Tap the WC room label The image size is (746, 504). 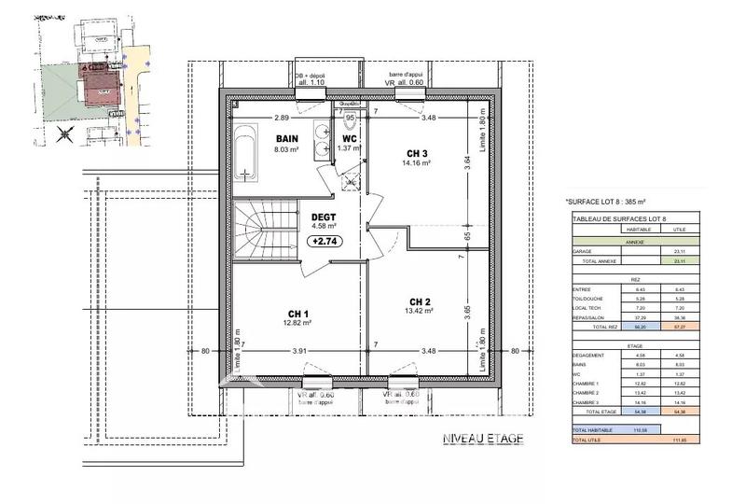[x=349, y=138]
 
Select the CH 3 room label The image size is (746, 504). [x=417, y=153]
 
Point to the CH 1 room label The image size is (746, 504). [x=298, y=313]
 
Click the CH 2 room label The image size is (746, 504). [x=420, y=301]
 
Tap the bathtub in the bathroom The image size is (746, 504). [x=245, y=153]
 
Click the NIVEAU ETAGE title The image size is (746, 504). [x=482, y=439]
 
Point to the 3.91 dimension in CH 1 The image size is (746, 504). [x=299, y=351]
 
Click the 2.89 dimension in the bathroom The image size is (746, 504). [x=281, y=118]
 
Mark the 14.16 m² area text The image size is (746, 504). [x=417, y=163]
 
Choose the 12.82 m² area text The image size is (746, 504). [x=298, y=323]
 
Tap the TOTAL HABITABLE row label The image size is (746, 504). [x=592, y=429]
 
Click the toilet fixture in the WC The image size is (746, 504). [x=351, y=123]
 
